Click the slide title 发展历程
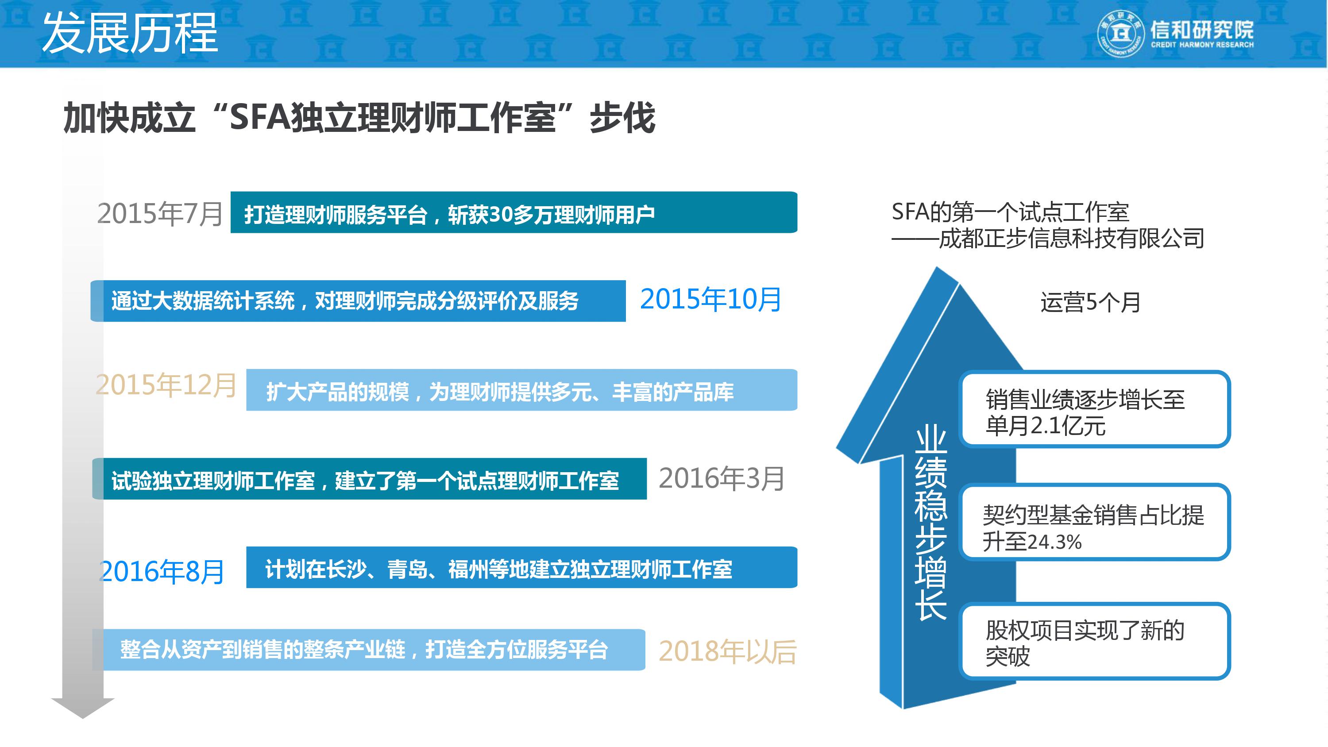[130, 34]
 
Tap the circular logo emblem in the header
[1120, 34]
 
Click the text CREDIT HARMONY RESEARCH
[1202, 45]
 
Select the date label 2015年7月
[160, 214]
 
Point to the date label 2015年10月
[710, 300]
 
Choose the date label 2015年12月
[166, 385]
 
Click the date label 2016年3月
[721, 478]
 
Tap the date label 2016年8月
[162, 572]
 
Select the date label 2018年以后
[727, 651]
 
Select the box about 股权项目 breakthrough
[1094, 642]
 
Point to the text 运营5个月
[1090, 303]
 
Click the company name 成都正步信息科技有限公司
[1071, 239]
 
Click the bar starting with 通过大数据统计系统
[358, 301]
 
